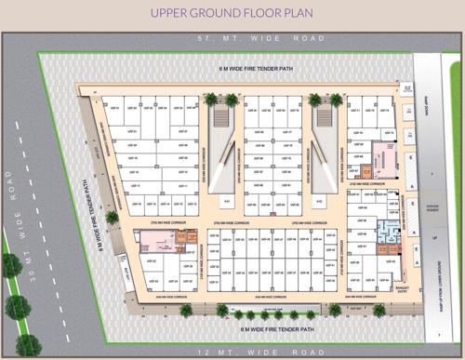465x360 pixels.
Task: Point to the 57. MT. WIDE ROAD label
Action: tap(232, 39)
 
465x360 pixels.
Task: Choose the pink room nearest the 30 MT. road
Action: tap(153, 241)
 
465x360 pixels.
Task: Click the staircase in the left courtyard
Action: tap(221, 118)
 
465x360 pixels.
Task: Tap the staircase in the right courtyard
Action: tap(324, 118)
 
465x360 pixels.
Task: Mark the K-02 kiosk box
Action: tap(319, 200)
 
